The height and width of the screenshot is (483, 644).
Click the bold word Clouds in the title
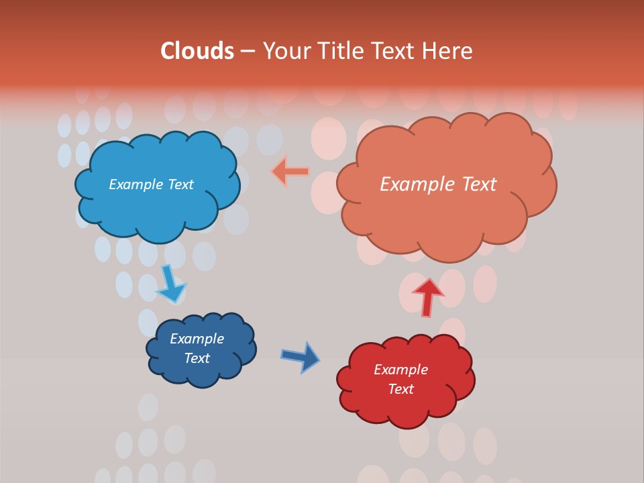point(197,51)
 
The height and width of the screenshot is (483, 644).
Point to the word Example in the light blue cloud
point(136,184)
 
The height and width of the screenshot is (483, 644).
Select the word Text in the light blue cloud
point(180,184)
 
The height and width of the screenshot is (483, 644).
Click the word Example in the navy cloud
point(197,339)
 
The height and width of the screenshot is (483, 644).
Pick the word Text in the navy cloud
point(197,358)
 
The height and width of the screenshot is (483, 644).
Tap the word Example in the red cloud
point(401,370)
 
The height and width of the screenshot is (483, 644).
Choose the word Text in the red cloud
point(401,389)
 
